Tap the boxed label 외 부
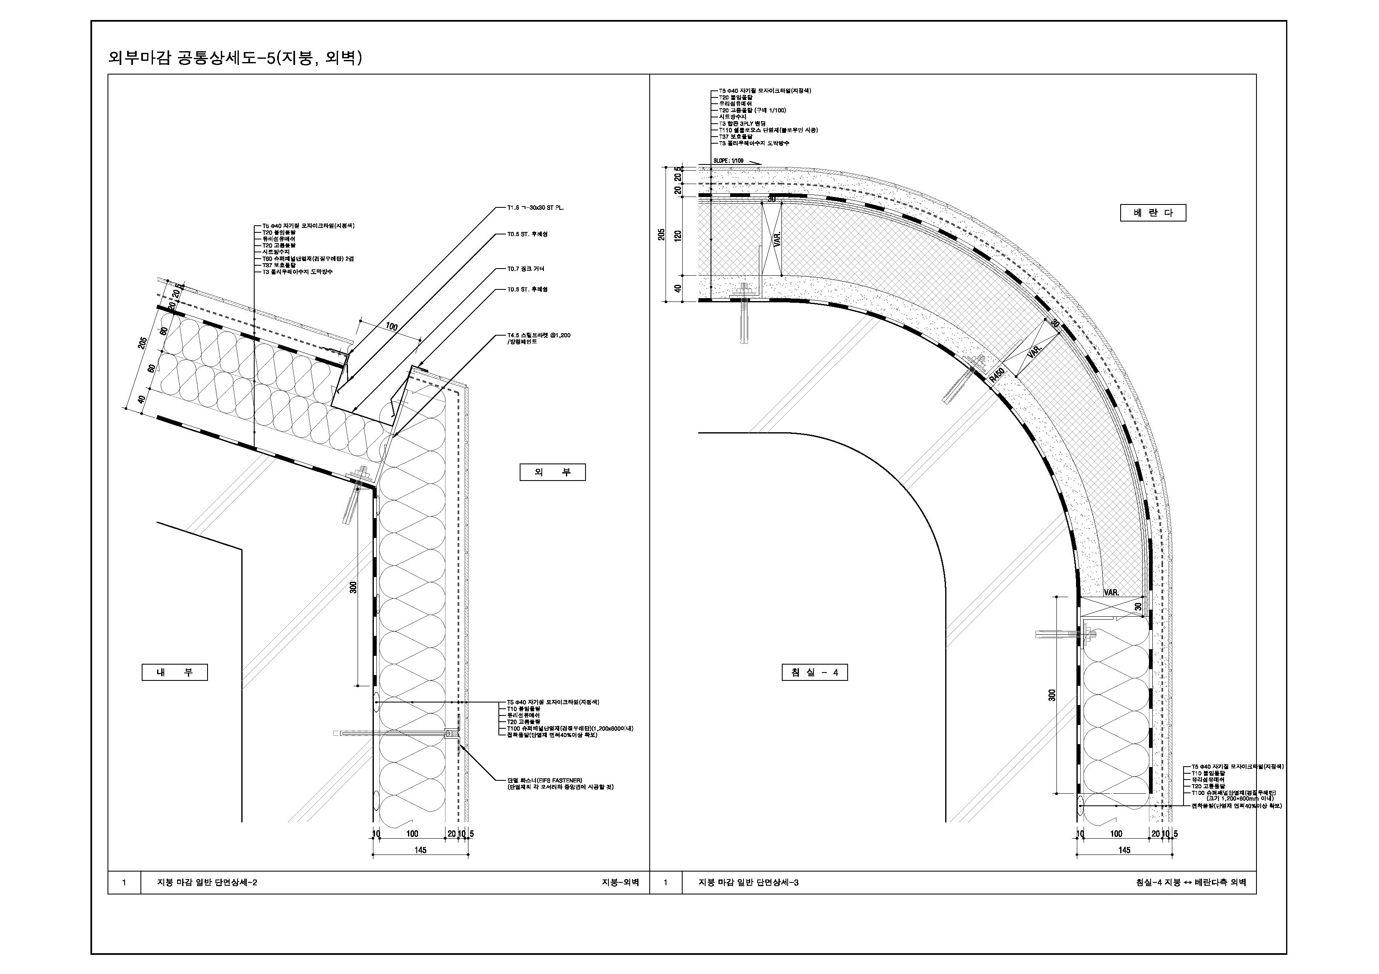pos(552,472)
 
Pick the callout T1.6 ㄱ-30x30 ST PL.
pos(535,208)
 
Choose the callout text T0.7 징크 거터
pos(526,269)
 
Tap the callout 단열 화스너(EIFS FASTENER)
pos(544,780)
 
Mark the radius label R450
pos(996,375)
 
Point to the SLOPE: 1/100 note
pos(728,161)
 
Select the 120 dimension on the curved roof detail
pos(678,235)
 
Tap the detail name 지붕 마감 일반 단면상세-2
pos(207,882)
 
